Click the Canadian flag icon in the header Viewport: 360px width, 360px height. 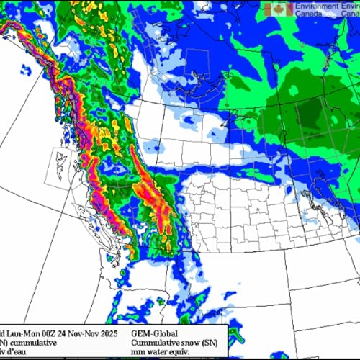pyautogui.click(x=279, y=9)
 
